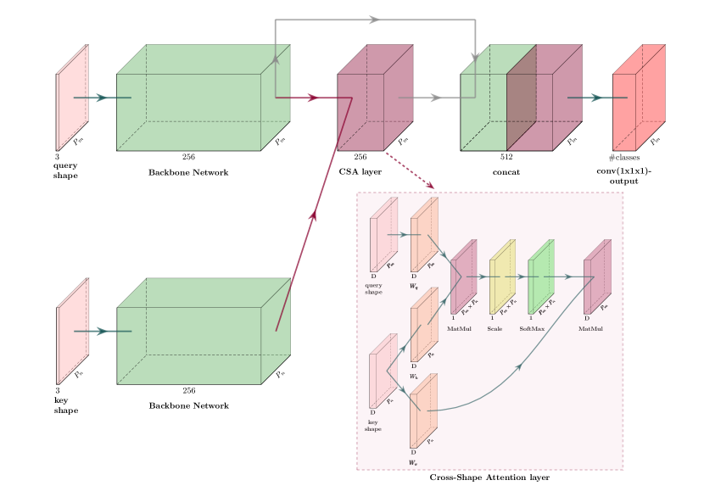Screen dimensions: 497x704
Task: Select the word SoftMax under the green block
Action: [x=532, y=328]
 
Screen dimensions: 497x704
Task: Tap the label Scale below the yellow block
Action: [x=494, y=328]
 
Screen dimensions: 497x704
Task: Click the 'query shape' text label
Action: [x=373, y=288]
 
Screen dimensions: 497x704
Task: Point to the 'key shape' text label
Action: [x=372, y=426]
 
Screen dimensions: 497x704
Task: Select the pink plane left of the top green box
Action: [x=72, y=98]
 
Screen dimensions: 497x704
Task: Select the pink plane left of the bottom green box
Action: [x=72, y=331]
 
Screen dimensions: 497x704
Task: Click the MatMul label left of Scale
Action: [x=459, y=328]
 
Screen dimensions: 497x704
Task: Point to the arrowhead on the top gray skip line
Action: [x=374, y=20]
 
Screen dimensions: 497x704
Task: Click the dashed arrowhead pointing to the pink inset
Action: [x=430, y=185]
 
